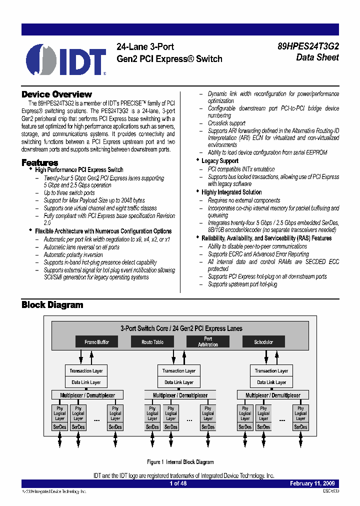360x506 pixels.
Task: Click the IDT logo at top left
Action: coord(66,59)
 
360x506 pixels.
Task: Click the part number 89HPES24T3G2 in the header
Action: coord(308,46)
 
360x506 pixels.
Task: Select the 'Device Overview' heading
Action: coord(56,94)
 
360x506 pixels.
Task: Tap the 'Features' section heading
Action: coord(39,162)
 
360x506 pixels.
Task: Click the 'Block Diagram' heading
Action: coord(52,304)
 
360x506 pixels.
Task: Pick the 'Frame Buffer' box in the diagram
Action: coord(96,342)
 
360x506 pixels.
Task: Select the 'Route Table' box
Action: coord(152,342)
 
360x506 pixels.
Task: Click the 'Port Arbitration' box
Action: coord(208,341)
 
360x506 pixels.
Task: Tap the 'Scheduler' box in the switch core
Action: coord(263,342)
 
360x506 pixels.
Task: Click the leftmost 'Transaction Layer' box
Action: coord(86,371)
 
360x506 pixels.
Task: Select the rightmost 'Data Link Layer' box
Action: coord(271,382)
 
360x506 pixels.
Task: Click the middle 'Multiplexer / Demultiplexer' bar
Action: coord(180,395)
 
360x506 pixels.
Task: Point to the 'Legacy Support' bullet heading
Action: coord(219,161)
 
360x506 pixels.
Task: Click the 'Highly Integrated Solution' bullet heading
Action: coord(231,192)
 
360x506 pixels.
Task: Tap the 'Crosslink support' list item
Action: coord(226,123)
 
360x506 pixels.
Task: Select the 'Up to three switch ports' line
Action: coord(69,193)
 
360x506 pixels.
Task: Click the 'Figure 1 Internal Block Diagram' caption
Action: coord(180,462)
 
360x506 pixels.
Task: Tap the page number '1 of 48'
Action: coord(178,483)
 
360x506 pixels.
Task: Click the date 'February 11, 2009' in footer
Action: coord(313,483)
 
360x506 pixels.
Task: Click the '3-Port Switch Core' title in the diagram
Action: coord(181,328)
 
